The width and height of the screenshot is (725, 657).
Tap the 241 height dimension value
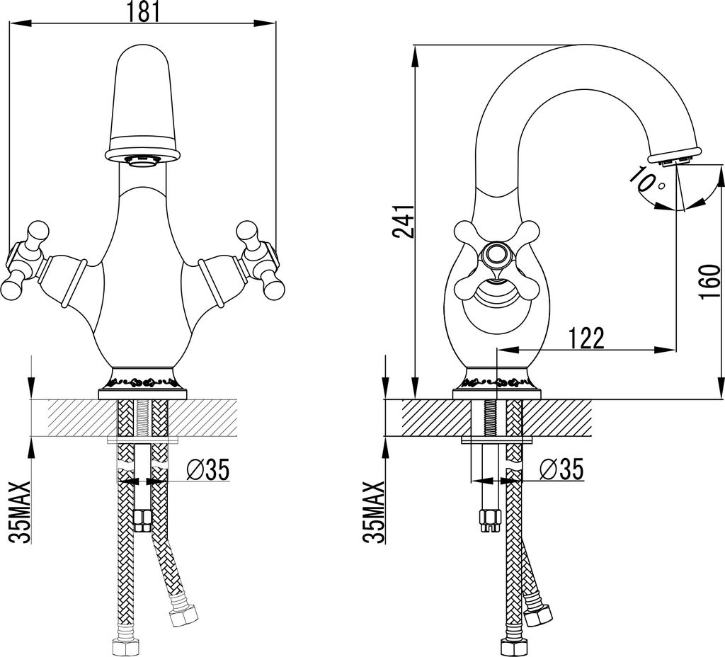[x=403, y=222]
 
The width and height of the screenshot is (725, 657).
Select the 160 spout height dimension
[x=710, y=282]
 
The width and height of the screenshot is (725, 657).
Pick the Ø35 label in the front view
[x=208, y=470]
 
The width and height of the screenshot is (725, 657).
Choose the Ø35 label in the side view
[x=561, y=470]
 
